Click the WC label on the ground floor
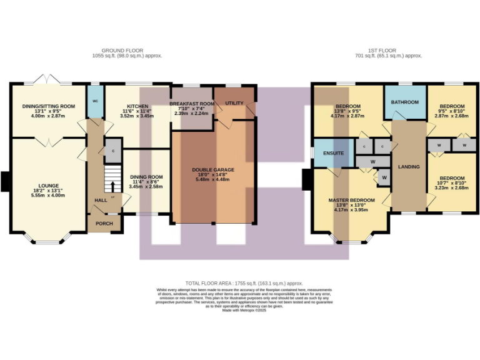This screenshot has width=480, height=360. tap(96, 101)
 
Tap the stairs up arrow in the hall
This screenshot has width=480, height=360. tap(113, 186)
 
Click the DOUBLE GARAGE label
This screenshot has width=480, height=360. tap(213, 169)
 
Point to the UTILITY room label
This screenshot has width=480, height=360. tap(234, 102)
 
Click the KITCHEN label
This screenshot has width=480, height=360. tap(137, 106)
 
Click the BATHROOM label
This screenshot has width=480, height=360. tap(404, 102)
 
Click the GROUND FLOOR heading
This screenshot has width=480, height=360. tap(122, 50)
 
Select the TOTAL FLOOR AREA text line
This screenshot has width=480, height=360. tap(239, 283)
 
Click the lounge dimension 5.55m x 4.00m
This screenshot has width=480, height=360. tap(47, 196)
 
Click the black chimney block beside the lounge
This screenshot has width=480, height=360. tap(6, 181)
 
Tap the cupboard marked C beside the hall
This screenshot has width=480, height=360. tap(113, 151)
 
